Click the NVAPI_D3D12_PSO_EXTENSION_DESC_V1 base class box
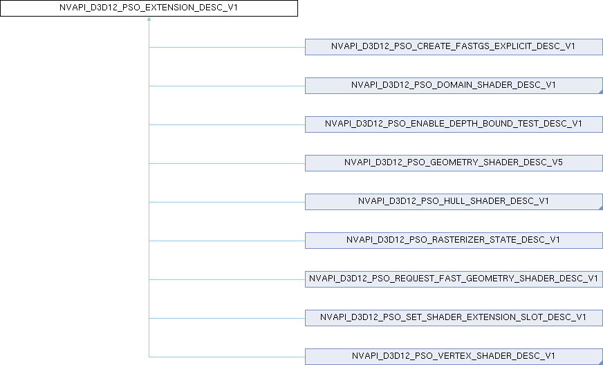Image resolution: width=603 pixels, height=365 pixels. pos(149,9)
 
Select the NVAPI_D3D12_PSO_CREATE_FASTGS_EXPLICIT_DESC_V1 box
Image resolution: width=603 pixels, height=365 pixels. pos(454,47)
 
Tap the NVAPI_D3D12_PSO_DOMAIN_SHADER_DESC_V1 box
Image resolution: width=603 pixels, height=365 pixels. pos(454,86)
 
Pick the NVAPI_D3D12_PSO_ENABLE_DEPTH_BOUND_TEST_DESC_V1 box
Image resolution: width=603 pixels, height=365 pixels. pos(454,124)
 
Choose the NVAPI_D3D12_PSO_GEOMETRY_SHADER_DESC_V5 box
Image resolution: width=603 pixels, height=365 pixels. pos(454,163)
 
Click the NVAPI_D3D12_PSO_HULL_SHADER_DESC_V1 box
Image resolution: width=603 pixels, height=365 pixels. pos(454,202)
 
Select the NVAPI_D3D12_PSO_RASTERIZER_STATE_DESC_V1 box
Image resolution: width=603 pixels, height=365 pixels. pos(454,241)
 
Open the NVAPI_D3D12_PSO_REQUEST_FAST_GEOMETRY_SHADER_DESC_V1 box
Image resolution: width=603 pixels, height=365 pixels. pos(454,279)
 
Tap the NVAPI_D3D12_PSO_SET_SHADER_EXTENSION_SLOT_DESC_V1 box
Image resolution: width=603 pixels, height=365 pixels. pos(454,318)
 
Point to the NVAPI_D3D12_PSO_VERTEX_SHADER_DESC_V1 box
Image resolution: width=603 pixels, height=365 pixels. pos(454,357)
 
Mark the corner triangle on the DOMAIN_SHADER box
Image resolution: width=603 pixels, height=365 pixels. pos(600,91)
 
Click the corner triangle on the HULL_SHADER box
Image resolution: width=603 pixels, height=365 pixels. pos(600,207)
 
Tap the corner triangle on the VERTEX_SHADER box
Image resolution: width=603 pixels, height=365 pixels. pos(600,362)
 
